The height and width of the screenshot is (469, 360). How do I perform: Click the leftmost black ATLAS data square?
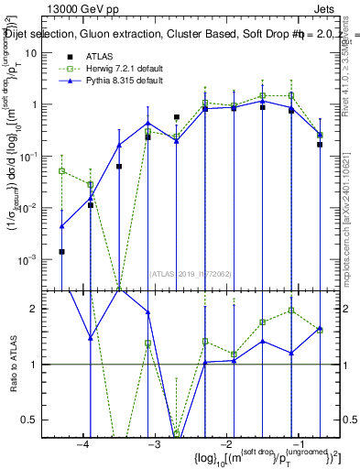click(x=61, y=251)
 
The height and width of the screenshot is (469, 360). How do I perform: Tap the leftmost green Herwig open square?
click(x=61, y=170)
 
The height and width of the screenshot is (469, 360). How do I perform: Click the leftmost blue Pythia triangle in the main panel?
click(x=61, y=225)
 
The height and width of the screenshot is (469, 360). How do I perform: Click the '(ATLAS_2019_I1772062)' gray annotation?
click(x=191, y=273)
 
